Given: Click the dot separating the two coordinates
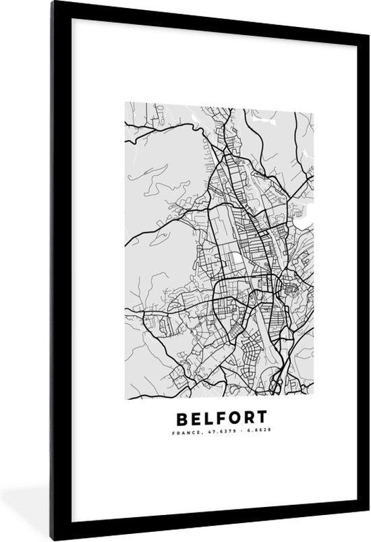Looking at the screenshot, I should pyautogui.click(x=233, y=433).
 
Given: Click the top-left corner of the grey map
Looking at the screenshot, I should pyautogui.click(x=125, y=103).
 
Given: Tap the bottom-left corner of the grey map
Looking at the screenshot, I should pyautogui.click(x=125, y=395).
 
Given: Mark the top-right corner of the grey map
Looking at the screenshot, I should pyautogui.click(x=314, y=103).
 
